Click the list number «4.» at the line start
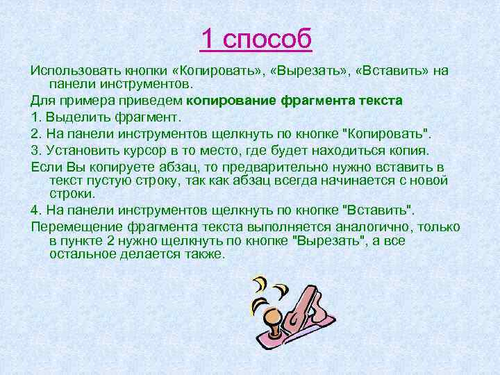click(x=37, y=210)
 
